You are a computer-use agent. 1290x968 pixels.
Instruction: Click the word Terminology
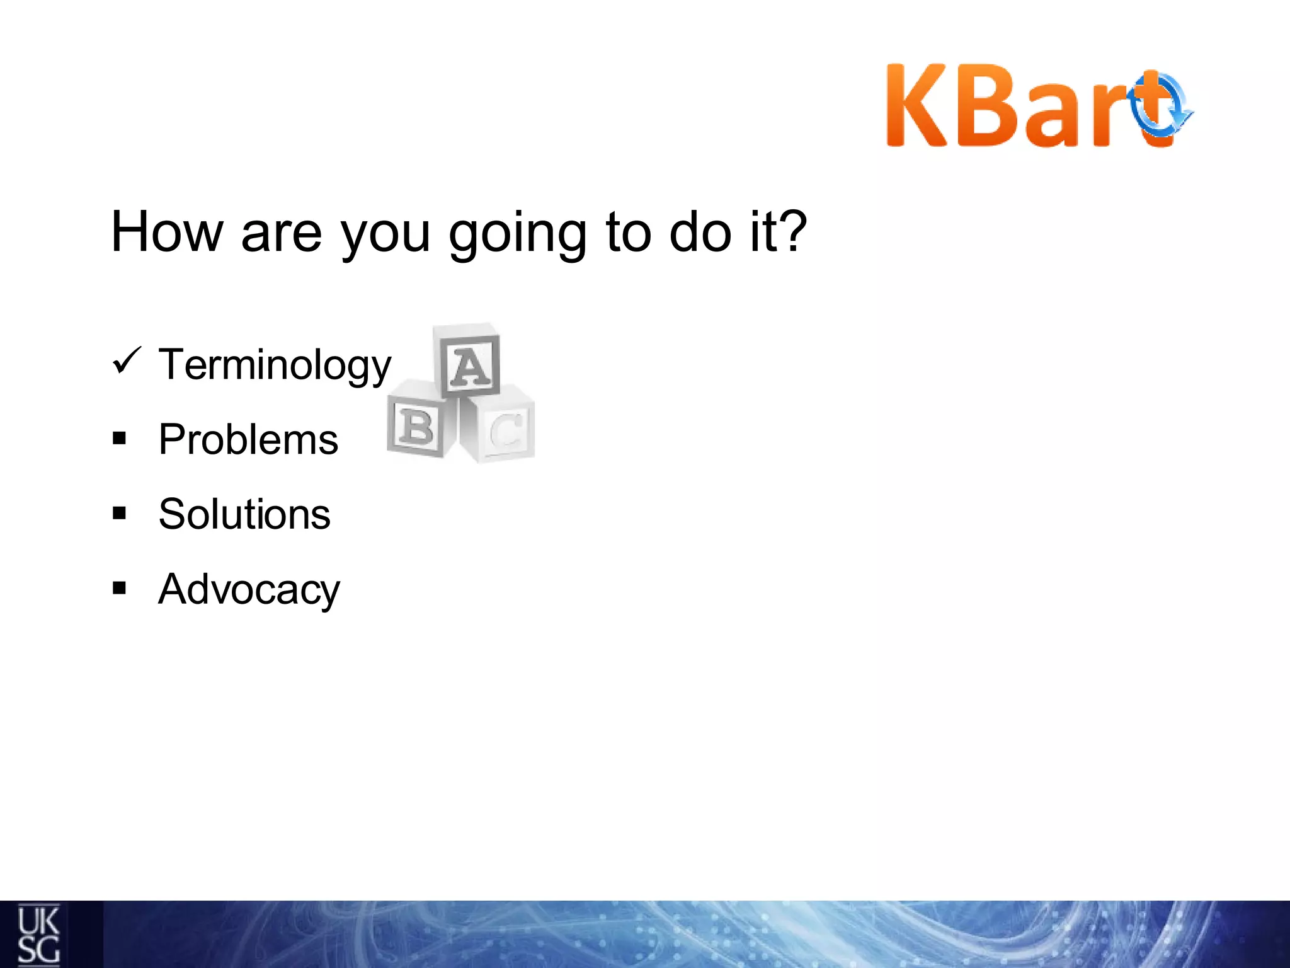pos(275,366)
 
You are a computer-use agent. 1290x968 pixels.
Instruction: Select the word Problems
pos(248,439)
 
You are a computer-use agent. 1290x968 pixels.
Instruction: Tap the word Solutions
pos(244,514)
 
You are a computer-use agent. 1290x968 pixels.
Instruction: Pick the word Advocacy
pos(249,590)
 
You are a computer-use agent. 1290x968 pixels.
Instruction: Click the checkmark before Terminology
pos(127,361)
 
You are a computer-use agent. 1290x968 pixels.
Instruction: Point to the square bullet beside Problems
pos(119,439)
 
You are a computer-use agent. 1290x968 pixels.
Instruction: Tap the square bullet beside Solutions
pos(119,514)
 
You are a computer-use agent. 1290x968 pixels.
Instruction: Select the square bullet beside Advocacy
pos(119,589)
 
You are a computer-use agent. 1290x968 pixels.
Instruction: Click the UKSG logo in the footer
pos(38,935)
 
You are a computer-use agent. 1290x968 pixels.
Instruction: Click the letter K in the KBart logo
pos(916,106)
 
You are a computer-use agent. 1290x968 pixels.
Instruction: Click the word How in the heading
pos(167,232)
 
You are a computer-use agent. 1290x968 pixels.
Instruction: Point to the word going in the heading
pos(518,233)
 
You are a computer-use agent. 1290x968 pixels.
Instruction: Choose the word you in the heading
pos(385,236)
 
